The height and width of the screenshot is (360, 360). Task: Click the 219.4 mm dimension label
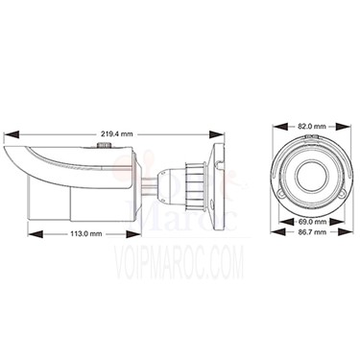117,134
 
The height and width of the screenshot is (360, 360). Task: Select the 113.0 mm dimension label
86,234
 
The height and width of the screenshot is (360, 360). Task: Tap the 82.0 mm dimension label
312,127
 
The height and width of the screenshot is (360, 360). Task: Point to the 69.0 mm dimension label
312,222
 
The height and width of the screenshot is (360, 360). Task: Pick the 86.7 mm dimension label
312,231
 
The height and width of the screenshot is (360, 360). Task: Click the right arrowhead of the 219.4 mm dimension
216,134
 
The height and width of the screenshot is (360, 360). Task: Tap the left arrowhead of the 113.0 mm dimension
36,234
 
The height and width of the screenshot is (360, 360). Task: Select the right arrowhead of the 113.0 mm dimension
132,234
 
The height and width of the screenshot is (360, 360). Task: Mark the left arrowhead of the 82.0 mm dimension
279,127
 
